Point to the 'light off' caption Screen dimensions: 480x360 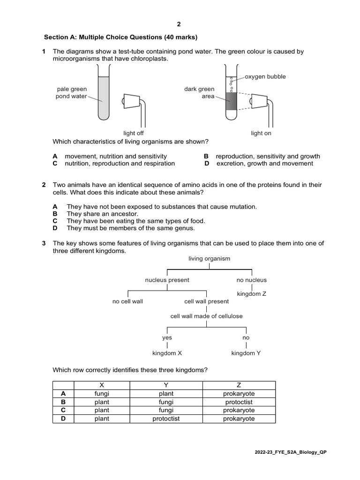tap(133, 133)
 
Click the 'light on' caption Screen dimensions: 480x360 tap(261, 133)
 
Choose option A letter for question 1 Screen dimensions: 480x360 tap(55, 156)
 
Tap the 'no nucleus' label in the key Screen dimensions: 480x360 tap(252, 280)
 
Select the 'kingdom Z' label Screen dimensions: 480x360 tap(252, 294)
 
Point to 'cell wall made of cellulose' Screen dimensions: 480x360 tap(206, 316)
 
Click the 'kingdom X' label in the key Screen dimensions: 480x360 tap(167, 353)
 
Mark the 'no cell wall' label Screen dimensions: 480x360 tap(127, 301)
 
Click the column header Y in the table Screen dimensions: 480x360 tap(166, 385)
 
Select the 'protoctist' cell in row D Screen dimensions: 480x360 tap(166, 419)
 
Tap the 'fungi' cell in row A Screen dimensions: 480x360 tap(102, 394)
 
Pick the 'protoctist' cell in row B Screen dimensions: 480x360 tap(239, 402)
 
